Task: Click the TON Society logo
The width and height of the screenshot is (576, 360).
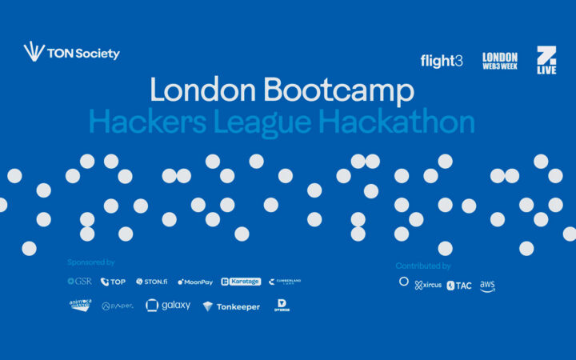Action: click(x=72, y=53)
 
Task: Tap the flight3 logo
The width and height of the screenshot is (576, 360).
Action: click(x=441, y=61)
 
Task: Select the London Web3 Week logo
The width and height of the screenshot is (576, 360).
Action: click(x=499, y=61)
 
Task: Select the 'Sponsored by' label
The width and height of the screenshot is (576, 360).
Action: click(x=91, y=262)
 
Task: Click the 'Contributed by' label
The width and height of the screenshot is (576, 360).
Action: click(x=423, y=266)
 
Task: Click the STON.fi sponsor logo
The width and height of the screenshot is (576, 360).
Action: click(x=151, y=282)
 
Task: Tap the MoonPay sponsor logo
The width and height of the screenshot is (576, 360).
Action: click(x=195, y=282)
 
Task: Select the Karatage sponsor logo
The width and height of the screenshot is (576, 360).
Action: click(x=239, y=282)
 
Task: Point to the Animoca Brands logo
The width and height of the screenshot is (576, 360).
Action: click(x=80, y=305)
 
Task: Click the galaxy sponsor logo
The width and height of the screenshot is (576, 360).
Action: click(x=168, y=305)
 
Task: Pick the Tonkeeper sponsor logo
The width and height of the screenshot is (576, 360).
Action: click(x=231, y=306)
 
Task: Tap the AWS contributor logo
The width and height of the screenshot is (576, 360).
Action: click(x=487, y=286)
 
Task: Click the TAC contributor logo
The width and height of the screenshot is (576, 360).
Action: click(x=459, y=286)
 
